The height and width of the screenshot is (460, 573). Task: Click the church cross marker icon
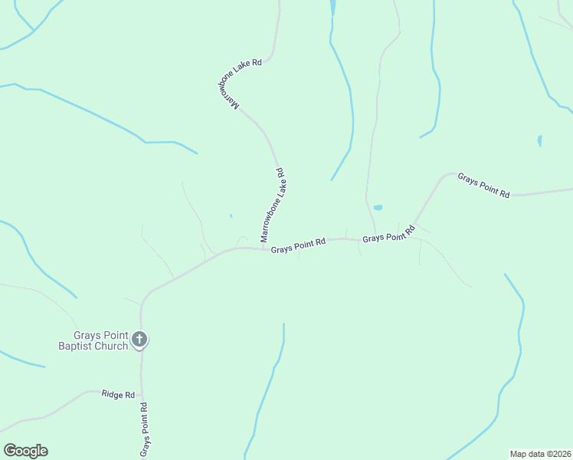[x=139, y=338]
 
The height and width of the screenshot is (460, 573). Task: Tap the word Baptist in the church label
[x=79, y=346]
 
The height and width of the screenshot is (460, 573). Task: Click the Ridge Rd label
[x=118, y=394]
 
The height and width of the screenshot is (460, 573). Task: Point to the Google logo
[x=25, y=451]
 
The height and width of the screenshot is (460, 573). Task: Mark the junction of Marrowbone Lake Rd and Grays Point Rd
[x=264, y=248]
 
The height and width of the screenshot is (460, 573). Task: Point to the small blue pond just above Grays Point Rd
[x=378, y=207]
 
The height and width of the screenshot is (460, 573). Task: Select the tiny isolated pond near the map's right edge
[x=540, y=141]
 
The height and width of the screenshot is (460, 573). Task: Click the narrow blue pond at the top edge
[x=332, y=8]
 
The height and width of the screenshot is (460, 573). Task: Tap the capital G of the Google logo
[x=9, y=451]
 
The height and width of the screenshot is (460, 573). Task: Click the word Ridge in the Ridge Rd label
[x=112, y=394]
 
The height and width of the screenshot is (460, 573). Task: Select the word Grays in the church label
[x=88, y=335]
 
